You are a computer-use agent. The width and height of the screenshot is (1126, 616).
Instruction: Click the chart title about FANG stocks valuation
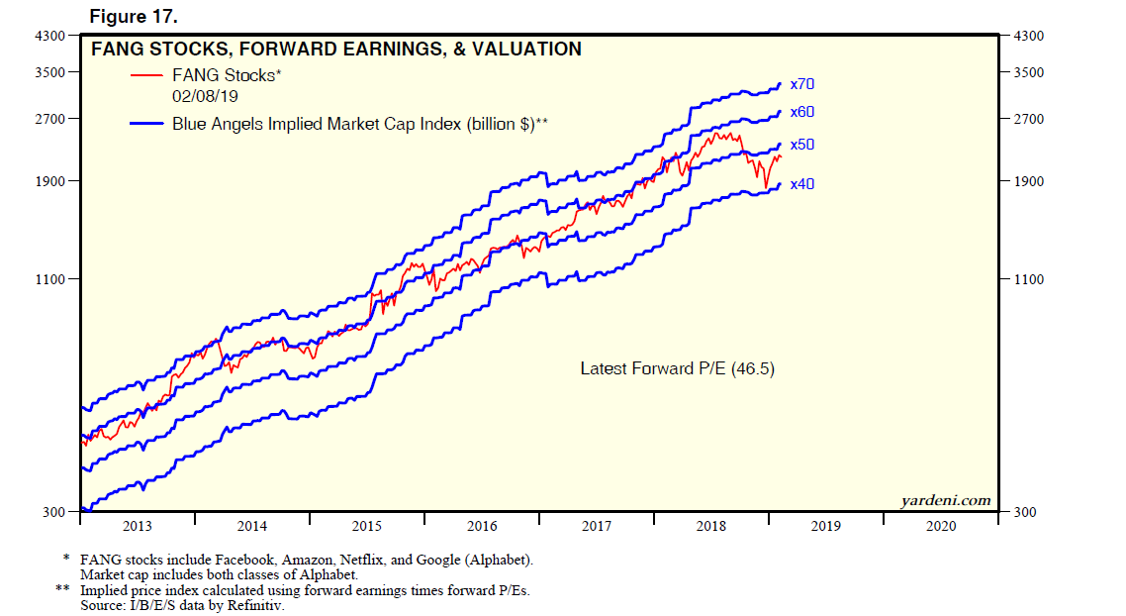tap(335, 49)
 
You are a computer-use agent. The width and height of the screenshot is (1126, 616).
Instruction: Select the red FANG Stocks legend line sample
tap(146, 75)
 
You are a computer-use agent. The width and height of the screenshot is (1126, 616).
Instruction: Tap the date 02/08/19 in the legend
tap(206, 96)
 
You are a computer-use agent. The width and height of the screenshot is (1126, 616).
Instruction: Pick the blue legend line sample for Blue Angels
tap(146, 124)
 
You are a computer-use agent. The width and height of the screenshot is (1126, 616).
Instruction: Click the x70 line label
tap(802, 84)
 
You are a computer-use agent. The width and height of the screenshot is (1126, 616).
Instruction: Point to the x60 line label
tap(802, 112)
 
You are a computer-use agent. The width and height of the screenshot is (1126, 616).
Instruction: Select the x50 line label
tap(802, 145)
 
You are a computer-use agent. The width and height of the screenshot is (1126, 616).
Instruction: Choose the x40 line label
tap(802, 184)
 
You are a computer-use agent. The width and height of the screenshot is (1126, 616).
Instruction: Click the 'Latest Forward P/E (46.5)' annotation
tap(677, 368)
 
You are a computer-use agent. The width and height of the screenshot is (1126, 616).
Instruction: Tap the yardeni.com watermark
tap(946, 500)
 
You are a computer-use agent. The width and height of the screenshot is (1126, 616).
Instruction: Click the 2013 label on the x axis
tap(137, 526)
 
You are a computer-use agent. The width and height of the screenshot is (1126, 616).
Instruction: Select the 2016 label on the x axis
tap(482, 526)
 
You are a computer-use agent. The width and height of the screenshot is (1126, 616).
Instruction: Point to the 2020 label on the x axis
tap(941, 526)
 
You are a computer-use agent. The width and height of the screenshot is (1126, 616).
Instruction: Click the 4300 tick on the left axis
tap(49, 37)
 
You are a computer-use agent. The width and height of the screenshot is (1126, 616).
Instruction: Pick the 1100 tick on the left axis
tap(49, 279)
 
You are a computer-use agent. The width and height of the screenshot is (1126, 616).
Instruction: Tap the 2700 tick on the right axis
tap(1029, 119)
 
